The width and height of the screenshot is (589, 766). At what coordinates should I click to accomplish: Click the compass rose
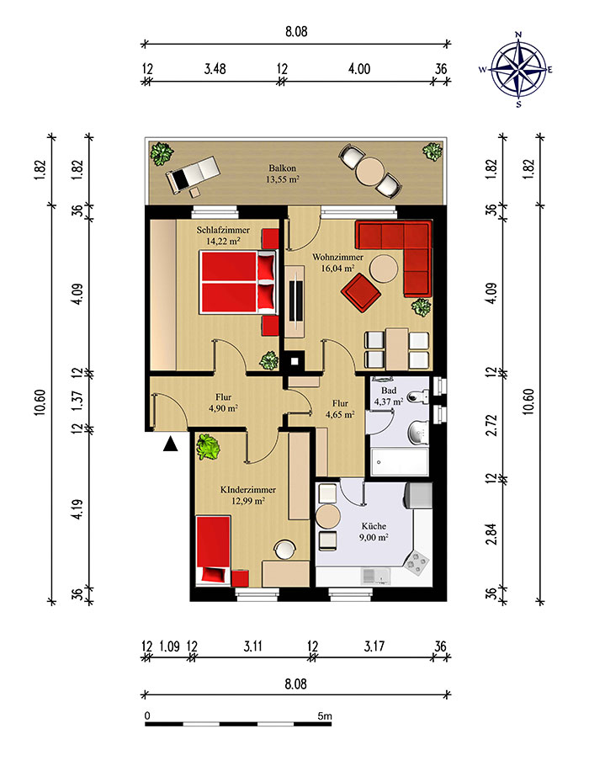(x=518, y=69)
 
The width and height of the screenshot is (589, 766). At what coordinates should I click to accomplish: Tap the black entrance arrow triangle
(x=170, y=444)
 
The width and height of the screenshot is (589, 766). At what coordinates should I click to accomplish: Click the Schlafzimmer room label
(x=223, y=230)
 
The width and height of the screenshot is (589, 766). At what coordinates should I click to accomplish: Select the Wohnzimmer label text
(x=337, y=257)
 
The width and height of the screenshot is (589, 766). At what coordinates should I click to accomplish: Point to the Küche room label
(x=374, y=526)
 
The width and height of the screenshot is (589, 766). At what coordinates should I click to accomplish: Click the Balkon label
(x=282, y=168)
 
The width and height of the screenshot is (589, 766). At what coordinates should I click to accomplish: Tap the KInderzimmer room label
(x=248, y=490)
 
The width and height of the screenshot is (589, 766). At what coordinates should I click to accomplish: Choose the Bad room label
(x=389, y=391)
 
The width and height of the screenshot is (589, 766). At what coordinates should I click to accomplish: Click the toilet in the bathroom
(x=417, y=396)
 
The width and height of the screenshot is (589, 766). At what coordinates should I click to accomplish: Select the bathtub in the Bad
(x=400, y=461)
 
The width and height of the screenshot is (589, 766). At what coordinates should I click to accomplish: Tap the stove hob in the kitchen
(x=417, y=562)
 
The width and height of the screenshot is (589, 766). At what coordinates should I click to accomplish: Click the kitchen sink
(x=375, y=577)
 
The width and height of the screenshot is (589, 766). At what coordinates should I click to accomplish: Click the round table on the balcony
(x=369, y=171)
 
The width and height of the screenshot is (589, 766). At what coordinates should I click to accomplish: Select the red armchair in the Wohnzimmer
(x=360, y=292)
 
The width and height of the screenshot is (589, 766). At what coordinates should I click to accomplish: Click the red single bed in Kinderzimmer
(x=213, y=550)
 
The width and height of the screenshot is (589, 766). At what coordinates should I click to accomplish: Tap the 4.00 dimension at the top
(x=359, y=69)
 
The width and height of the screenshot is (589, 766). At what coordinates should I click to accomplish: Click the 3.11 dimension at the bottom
(x=252, y=646)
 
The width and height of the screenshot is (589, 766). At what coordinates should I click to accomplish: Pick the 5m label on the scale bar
(x=324, y=716)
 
